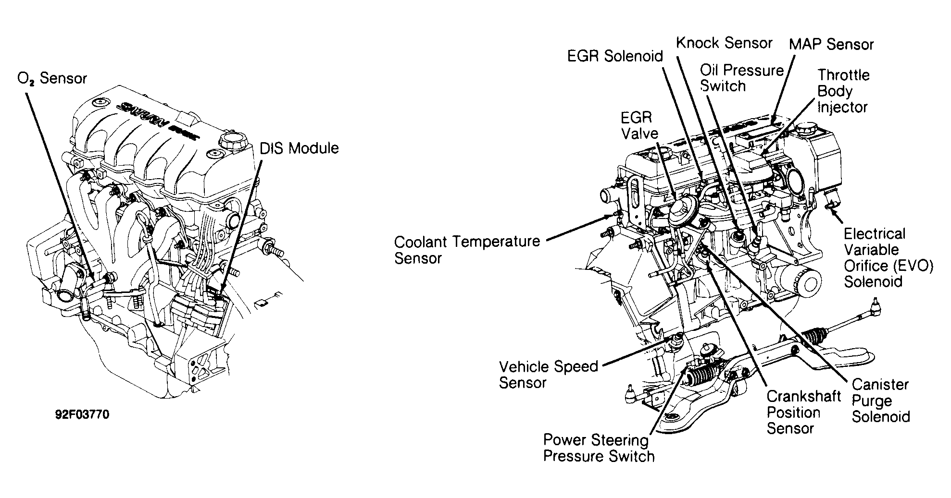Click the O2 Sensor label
tap(52, 78)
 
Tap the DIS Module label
tap(299, 148)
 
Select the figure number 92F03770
tap(82, 414)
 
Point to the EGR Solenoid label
tap(615, 56)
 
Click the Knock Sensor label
tap(724, 43)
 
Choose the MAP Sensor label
tap(831, 45)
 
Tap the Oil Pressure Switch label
tap(741, 78)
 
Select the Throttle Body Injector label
tap(843, 91)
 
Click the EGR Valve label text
tap(639, 125)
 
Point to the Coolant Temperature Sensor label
tap(466, 249)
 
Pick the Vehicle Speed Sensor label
tap(548, 375)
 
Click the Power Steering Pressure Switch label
tap(599, 448)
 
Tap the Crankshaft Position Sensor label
tap(803, 412)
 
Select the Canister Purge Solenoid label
tap(880, 400)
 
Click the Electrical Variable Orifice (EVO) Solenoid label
tap(888, 257)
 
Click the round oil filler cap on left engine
tap(228, 142)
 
